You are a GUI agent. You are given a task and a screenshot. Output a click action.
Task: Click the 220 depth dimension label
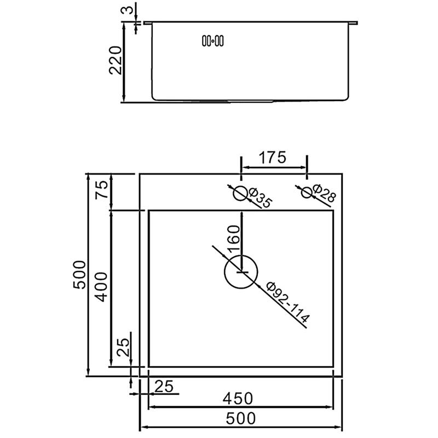[116, 60]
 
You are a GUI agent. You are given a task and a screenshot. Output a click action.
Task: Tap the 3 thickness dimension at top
[126, 10]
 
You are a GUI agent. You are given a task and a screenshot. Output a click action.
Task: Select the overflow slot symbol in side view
[213, 41]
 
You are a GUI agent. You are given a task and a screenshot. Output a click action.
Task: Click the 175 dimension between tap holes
[273, 157]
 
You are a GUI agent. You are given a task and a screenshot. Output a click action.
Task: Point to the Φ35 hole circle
[240, 193]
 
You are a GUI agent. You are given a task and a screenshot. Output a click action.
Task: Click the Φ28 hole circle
[307, 193]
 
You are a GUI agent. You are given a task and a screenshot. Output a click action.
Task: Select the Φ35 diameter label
[260, 198]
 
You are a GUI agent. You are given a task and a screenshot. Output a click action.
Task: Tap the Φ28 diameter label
[324, 193]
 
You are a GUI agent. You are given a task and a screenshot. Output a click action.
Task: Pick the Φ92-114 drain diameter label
[289, 302]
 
